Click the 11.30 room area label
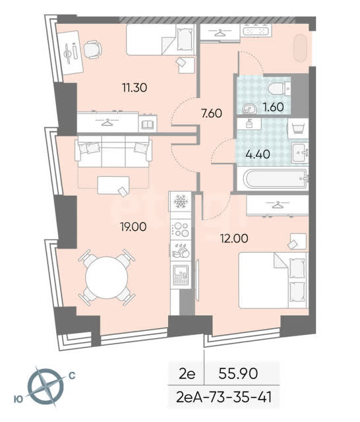(x=135, y=88)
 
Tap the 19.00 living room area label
(x=133, y=227)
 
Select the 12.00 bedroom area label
(x=234, y=239)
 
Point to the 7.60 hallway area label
(x=212, y=113)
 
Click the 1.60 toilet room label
(x=274, y=107)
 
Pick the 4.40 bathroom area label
(x=258, y=154)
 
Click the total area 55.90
(x=239, y=373)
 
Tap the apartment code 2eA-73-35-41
(x=224, y=397)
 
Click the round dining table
(x=107, y=278)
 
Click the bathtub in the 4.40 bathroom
(x=275, y=179)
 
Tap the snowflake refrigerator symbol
(x=181, y=202)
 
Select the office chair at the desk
(x=92, y=49)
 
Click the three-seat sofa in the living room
(x=113, y=151)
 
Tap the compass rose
(x=46, y=387)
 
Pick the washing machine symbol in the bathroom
(x=298, y=129)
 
